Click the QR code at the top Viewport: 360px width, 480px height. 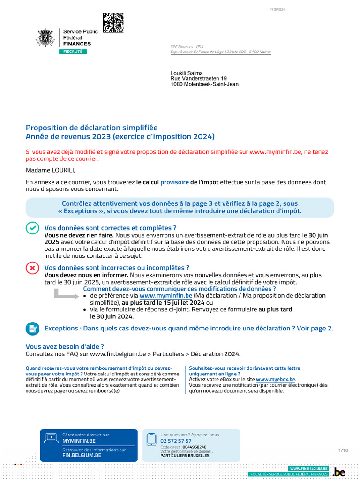[x=113, y=23]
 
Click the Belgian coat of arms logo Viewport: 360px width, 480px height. [x=46, y=37]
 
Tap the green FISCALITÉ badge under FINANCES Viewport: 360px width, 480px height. [x=73, y=52]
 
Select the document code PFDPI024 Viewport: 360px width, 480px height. [x=277, y=9]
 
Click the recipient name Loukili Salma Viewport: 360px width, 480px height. [x=186, y=73]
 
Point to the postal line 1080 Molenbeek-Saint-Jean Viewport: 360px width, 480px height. [x=204, y=84]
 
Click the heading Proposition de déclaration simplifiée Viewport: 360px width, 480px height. [x=92, y=127]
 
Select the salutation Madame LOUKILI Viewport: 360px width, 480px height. [x=50, y=170]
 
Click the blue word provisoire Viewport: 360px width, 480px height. [x=174, y=182]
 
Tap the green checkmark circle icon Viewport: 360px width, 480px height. [x=32, y=228]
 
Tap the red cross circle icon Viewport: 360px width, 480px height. [x=32, y=268]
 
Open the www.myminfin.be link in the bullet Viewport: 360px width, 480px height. [x=165, y=296]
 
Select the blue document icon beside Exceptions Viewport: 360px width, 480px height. [x=32, y=328]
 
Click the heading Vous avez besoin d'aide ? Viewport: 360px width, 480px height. [x=65, y=346]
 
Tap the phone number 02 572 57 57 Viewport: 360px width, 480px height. [x=176, y=441]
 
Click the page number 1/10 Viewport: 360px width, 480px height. [x=343, y=450]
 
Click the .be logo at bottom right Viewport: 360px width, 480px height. [x=339, y=472]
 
